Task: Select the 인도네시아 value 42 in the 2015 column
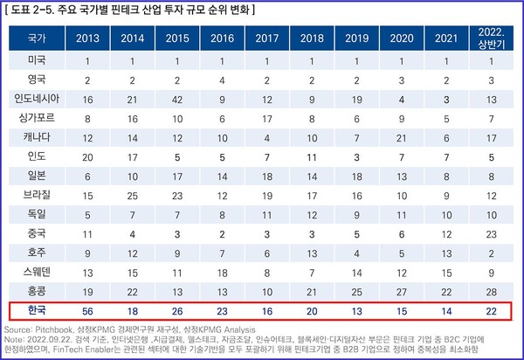(x=178, y=99)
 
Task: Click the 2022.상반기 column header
(x=493, y=39)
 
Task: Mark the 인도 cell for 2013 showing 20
(x=87, y=156)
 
